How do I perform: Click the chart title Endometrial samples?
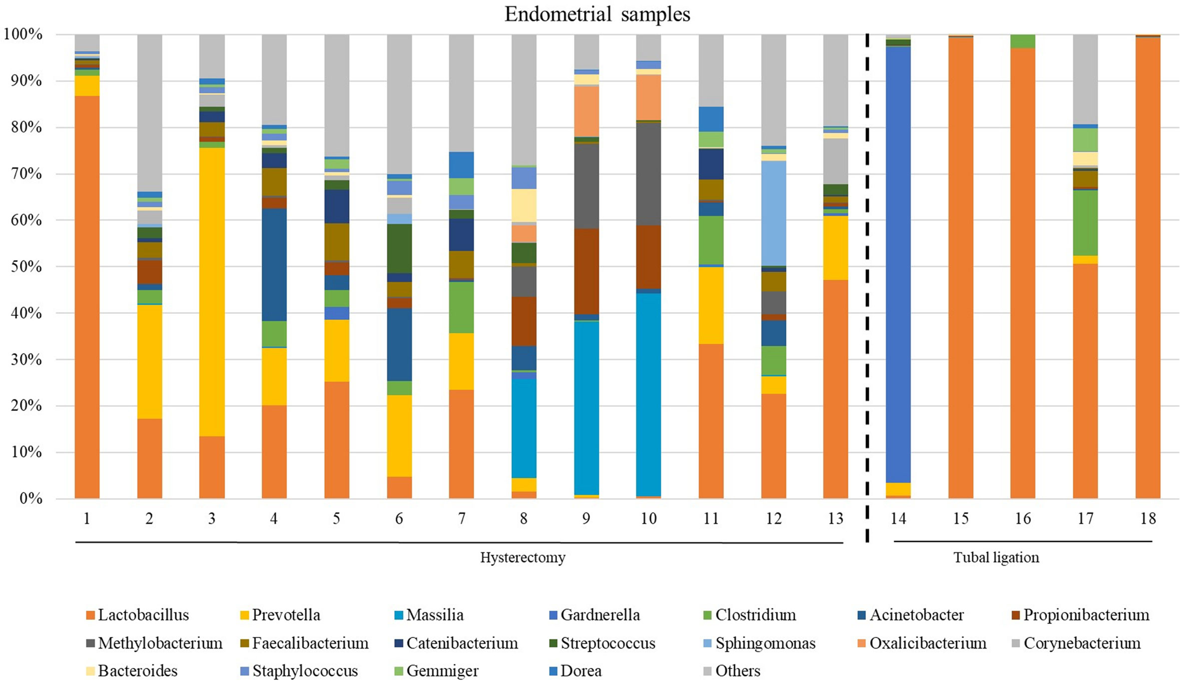[x=597, y=14]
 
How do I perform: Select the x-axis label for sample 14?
[x=898, y=518]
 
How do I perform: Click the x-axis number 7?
[x=461, y=518]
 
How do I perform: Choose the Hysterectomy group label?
[x=523, y=557]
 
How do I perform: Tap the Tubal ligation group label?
[x=996, y=557]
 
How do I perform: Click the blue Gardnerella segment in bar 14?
[x=898, y=265]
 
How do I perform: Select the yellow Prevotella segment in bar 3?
[x=212, y=292]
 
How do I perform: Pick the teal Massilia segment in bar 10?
[x=648, y=394]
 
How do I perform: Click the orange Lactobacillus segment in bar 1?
[x=87, y=297]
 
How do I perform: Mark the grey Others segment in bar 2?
[x=149, y=113]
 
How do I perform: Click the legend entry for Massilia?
[x=429, y=614]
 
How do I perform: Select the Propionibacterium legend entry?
[x=1081, y=614]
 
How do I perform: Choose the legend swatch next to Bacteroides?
[x=90, y=671]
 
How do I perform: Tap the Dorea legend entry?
[x=575, y=670]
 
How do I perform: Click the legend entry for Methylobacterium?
[x=154, y=643]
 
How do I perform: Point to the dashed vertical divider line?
[x=867, y=287]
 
